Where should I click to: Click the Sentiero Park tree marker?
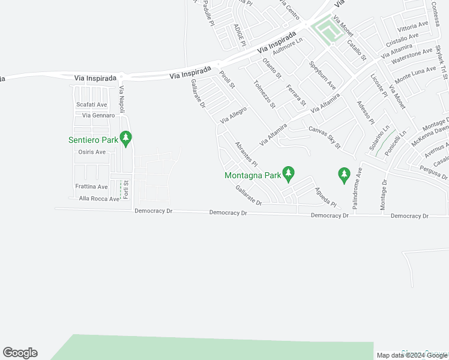pos(125,139)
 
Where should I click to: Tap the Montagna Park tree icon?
pos(288,174)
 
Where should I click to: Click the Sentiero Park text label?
pos(93,140)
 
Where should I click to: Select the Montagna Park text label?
pos(253,176)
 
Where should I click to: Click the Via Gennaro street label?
pos(98,115)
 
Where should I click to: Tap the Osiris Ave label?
pos(92,152)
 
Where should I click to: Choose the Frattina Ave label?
pos(91,187)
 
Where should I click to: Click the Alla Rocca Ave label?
pos(95,199)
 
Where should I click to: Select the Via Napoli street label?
pos(122,99)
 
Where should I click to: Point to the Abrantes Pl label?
pos(246,155)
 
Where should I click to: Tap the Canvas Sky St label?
pos(325,137)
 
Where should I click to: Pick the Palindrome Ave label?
pos(358,187)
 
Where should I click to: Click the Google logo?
pos(20,353)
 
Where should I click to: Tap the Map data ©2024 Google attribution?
pos(411,355)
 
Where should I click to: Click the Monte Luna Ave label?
pos(415,73)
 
